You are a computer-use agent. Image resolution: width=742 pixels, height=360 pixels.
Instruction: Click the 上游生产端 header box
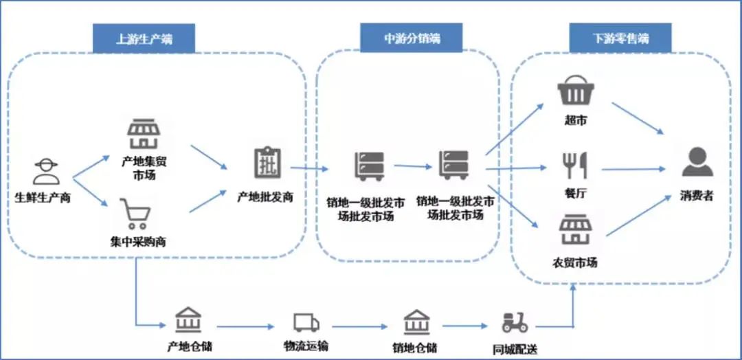click(144, 38)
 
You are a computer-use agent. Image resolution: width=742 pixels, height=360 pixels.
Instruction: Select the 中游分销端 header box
click(412, 38)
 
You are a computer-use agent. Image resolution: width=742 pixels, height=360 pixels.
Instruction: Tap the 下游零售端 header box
click(610, 38)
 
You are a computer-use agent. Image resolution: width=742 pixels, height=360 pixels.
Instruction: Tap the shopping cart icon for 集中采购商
click(135, 214)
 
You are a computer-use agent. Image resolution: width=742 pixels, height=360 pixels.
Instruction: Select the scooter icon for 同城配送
click(515, 322)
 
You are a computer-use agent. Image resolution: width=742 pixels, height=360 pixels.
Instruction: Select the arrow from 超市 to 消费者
click(638, 118)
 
